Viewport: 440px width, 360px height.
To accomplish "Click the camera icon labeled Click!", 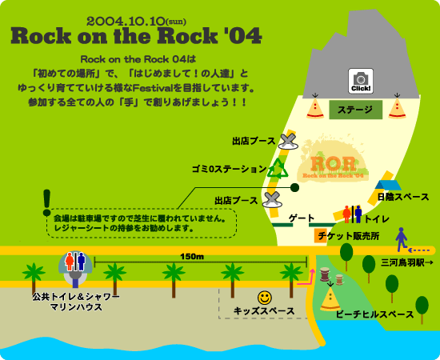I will coord(360,80).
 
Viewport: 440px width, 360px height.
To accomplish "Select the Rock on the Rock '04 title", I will coord(136,36).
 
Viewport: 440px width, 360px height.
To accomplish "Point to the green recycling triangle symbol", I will coord(278,169).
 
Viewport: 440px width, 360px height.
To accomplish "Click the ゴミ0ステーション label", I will coord(228,169).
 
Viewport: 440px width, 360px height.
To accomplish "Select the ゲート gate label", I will coord(301,218).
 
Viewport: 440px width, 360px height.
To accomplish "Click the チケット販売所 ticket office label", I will coord(348,236).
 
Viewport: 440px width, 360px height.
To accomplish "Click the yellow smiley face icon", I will coord(265,297).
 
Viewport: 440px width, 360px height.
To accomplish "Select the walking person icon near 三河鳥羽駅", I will coord(402,238).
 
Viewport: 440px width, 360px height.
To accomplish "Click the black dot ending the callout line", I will coord(294,187).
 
